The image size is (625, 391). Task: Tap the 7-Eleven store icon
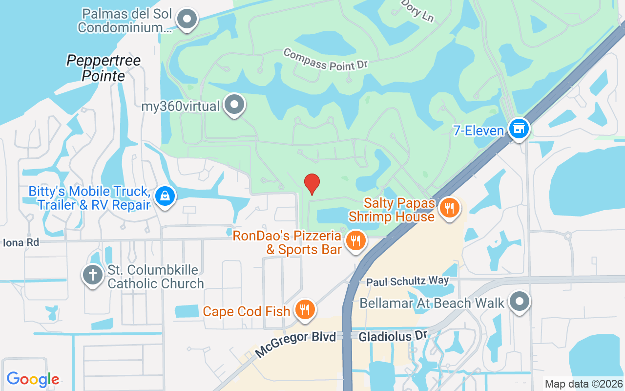(x=519, y=129)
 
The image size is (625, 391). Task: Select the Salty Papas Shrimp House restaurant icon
(x=448, y=208)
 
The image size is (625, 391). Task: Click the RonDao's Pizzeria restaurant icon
(x=355, y=240)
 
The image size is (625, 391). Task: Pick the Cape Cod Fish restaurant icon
(x=305, y=310)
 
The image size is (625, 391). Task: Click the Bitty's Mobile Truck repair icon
(x=165, y=196)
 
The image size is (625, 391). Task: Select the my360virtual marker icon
(x=235, y=105)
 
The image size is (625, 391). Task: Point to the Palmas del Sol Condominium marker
(x=186, y=20)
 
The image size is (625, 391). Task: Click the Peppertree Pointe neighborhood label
(x=104, y=68)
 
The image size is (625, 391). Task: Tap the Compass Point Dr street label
(x=325, y=59)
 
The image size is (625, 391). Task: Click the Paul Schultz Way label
(x=407, y=281)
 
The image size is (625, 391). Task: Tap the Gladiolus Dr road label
(x=393, y=336)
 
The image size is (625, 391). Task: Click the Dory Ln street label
(x=417, y=11)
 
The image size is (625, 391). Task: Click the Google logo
(x=33, y=379)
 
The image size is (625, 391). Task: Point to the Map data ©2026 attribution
(x=584, y=384)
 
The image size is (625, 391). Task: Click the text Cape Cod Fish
(x=247, y=311)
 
